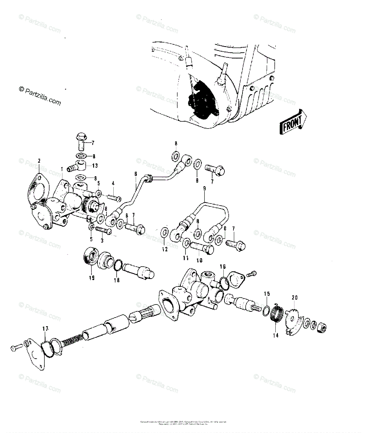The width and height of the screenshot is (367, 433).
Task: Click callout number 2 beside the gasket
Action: [39, 161]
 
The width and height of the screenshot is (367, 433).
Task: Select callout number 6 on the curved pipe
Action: [136, 174]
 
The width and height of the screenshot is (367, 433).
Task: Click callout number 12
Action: [165, 249]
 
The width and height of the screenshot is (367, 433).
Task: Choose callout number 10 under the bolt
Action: [199, 260]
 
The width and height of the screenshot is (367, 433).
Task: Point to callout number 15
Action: [266, 294]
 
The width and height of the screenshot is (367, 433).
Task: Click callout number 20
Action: [295, 298]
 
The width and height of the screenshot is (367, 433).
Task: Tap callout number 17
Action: [45, 329]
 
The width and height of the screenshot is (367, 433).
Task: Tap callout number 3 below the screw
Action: [102, 240]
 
